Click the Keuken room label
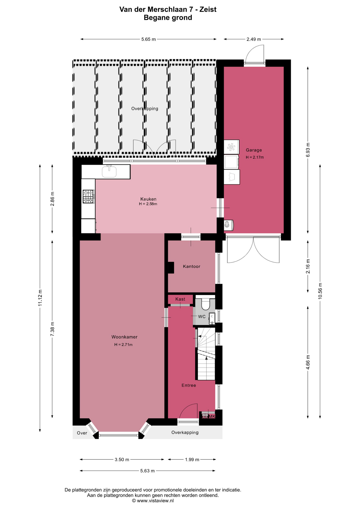(148, 199)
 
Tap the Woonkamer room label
(124, 337)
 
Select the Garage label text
(254, 150)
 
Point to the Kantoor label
(191, 266)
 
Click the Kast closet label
(180, 299)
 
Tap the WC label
(202, 317)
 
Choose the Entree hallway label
(189, 385)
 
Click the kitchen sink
(109, 172)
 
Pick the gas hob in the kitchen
(88, 196)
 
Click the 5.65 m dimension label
(148, 39)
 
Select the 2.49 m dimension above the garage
(254, 39)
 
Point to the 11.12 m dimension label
(40, 298)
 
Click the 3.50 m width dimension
(122, 459)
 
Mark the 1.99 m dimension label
(192, 459)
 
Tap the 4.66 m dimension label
(308, 362)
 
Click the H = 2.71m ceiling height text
(123, 345)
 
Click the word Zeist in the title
(208, 10)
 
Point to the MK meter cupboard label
(212, 416)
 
